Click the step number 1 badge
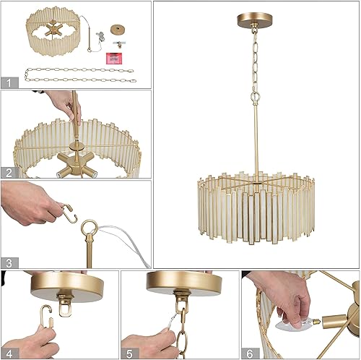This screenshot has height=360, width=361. point(8,82)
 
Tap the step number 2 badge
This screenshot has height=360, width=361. point(8,172)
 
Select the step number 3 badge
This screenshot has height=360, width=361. point(8,262)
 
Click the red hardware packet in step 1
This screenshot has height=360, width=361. point(113,57)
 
